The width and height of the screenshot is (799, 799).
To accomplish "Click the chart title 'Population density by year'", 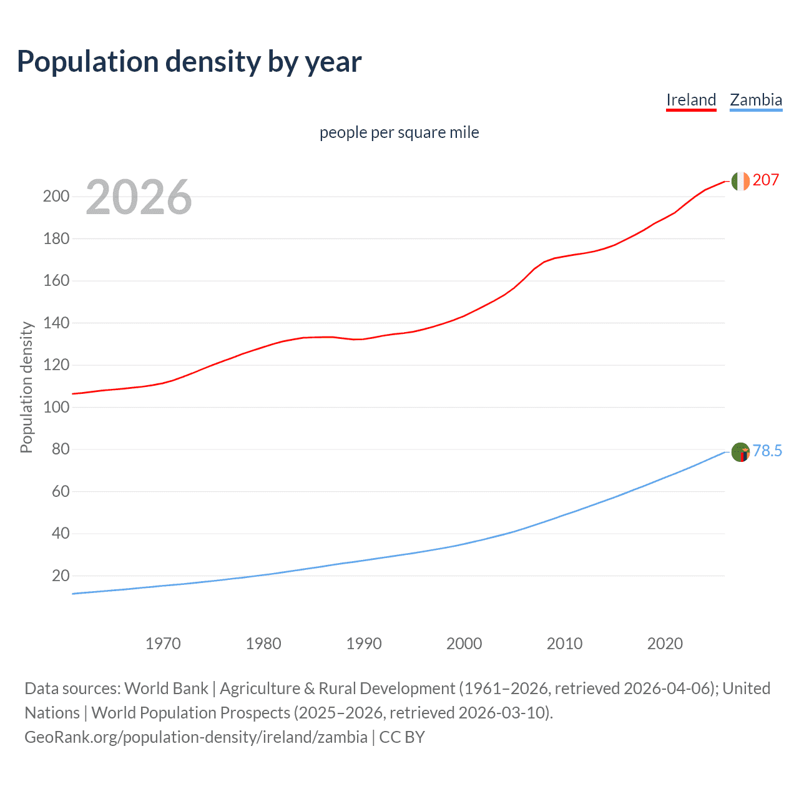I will click(x=189, y=62).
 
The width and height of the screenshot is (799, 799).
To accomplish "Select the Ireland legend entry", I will click(x=691, y=100).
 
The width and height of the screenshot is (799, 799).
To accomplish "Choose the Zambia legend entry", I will click(x=756, y=100).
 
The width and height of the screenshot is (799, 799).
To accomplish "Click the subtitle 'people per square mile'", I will click(x=399, y=133).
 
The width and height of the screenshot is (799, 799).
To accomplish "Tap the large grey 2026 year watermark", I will click(x=139, y=197).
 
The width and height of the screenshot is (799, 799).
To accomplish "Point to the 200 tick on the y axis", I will click(x=56, y=197).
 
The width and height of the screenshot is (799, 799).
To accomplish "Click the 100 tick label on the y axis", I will click(x=56, y=408).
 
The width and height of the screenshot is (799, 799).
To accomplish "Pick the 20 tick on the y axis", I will click(x=61, y=576).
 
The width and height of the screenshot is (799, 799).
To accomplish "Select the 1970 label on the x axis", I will click(x=163, y=644).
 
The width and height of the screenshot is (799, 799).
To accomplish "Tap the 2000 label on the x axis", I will click(x=464, y=644).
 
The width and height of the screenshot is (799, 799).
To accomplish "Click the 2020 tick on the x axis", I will click(x=665, y=644).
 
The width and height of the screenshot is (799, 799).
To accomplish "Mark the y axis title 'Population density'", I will click(x=26, y=387).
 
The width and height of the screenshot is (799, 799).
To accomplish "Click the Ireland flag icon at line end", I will click(x=740, y=181).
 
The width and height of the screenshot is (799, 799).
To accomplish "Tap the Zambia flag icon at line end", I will click(x=740, y=451).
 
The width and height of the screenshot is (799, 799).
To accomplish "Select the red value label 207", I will click(x=766, y=180).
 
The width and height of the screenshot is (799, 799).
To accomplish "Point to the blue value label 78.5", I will click(x=767, y=451).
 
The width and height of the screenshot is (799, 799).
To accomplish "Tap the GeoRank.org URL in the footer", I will click(x=196, y=737).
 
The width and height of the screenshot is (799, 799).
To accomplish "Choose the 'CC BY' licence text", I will click(x=402, y=737).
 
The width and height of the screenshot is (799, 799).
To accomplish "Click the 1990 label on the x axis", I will click(x=364, y=644).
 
